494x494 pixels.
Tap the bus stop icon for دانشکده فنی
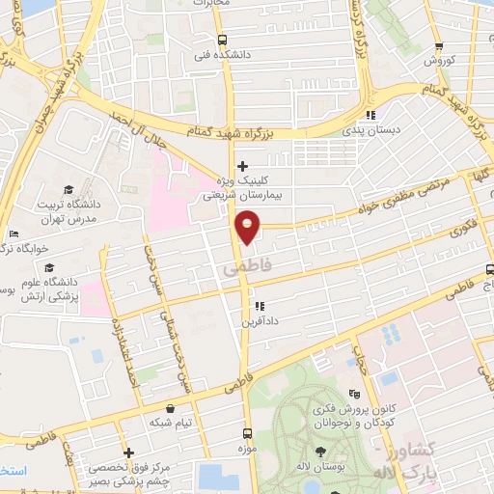(223, 41)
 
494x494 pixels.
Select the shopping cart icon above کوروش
(439, 45)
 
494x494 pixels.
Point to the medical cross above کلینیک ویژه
(242, 166)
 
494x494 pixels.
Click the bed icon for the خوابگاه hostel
(12, 234)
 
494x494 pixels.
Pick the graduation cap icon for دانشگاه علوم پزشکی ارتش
(48, 242)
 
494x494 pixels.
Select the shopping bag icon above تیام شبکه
(171, 408)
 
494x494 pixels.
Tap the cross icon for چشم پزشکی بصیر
(128, 453)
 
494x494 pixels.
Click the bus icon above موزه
(247, 433)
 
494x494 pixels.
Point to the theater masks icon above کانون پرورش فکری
(353, 394)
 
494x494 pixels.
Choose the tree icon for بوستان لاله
(319, 452)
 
